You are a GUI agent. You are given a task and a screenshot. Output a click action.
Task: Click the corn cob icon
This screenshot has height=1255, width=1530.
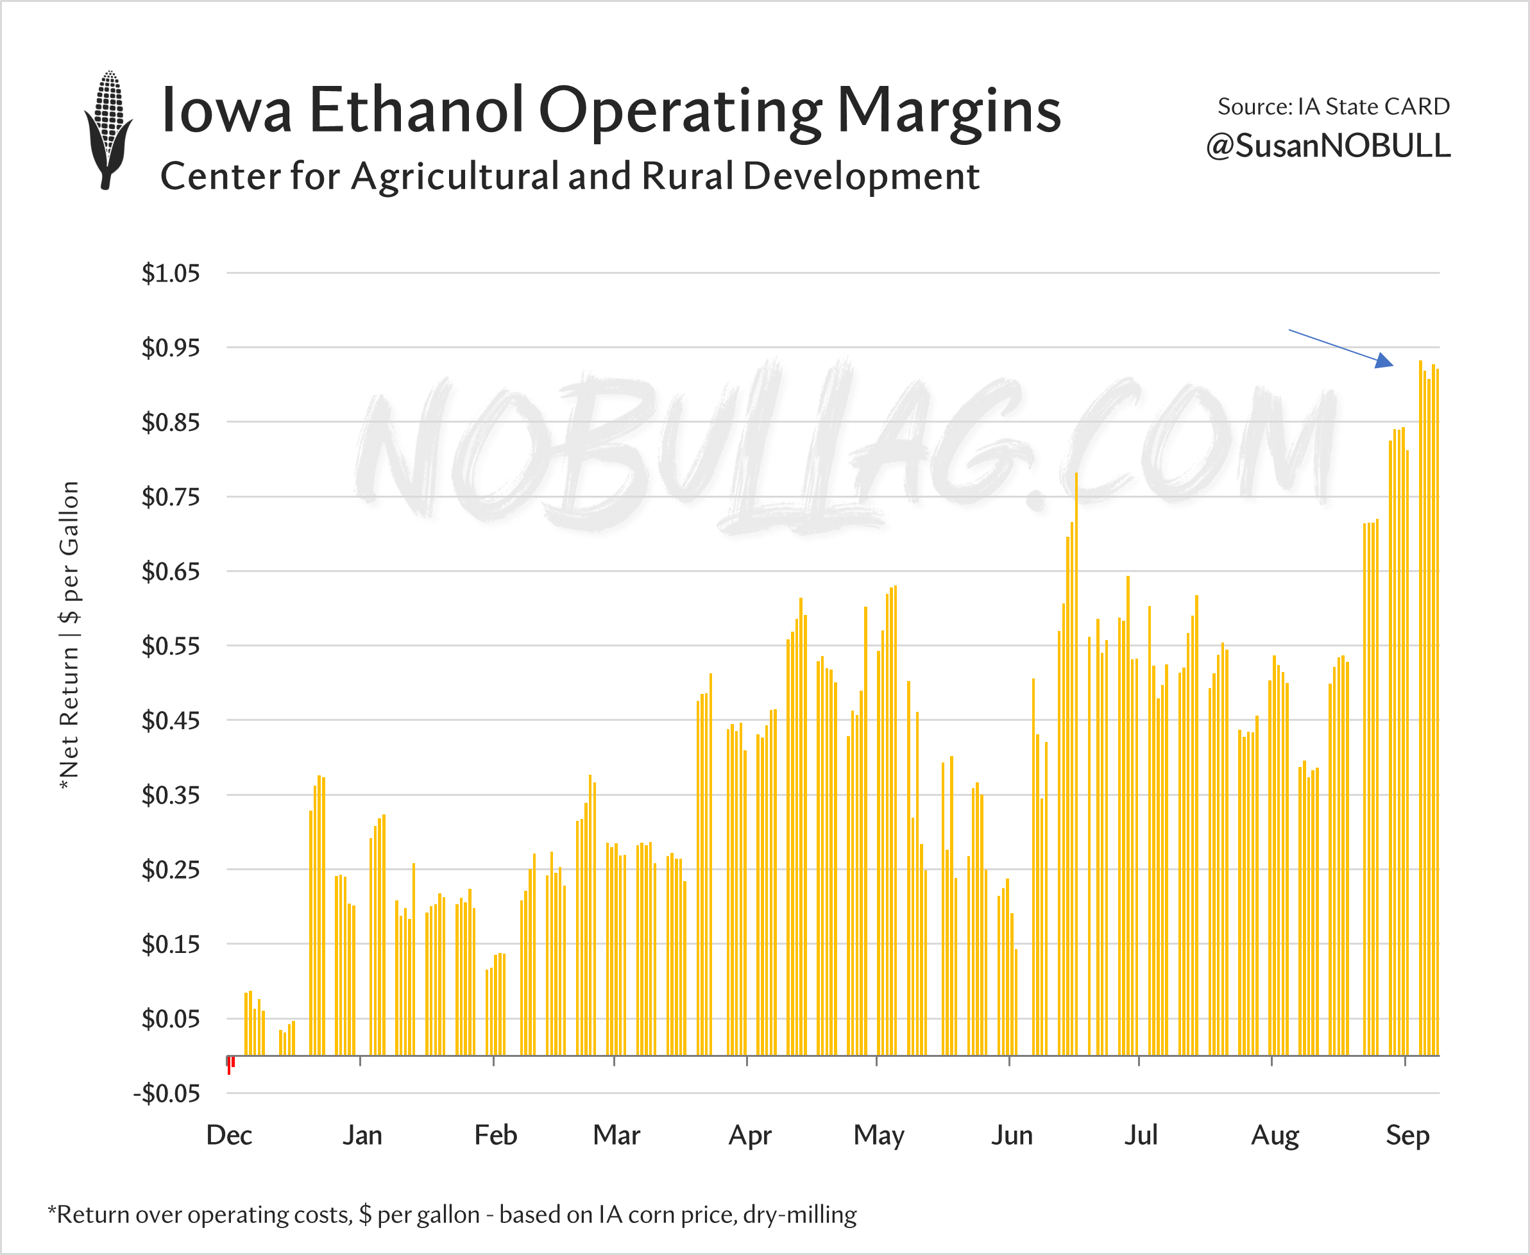click(x=108, y=130)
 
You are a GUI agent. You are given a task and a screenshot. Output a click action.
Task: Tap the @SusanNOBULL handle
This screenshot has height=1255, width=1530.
click(x=1327, y=146)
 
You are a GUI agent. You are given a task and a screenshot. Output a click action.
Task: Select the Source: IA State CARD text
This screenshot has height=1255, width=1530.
click(x=1333, y=106)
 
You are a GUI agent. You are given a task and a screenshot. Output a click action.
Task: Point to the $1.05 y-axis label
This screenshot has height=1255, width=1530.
click(x=171, y=273)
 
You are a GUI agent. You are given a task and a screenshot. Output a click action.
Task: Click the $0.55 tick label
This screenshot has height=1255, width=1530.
click(x=171, y=646)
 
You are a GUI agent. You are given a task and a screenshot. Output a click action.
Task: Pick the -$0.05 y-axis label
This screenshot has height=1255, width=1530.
click(x=167, y=1093)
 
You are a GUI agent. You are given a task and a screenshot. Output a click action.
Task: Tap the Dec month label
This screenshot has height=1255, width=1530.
click(x=229, y=1135)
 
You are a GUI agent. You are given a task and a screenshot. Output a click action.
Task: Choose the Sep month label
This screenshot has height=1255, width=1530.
click(x=1407, y=1135)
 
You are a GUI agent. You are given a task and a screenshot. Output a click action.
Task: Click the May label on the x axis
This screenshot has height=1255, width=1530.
click(x=878, y=1135)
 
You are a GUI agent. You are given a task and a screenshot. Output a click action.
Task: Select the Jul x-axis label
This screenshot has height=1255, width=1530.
click(x=1140, y=1135)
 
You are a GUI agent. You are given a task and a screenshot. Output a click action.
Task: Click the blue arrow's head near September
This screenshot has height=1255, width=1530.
click(x=1384, y=361)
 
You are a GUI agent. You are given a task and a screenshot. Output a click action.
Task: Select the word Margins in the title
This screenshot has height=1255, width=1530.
click(x=949, y=110)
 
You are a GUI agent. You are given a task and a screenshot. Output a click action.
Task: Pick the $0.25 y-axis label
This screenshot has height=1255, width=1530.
click(x=171, y=869)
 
